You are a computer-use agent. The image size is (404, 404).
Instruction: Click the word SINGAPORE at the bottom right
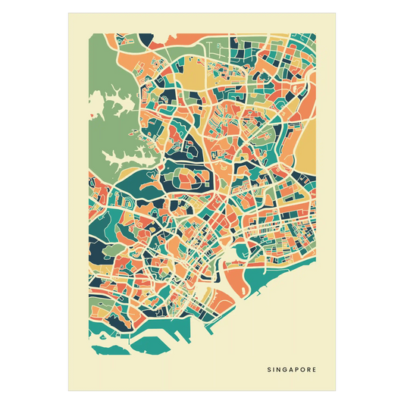tap(292, 371)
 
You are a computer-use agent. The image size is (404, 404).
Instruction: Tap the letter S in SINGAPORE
tap(268, 371)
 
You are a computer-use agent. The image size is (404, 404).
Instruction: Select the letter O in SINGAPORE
tap(303, 371)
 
